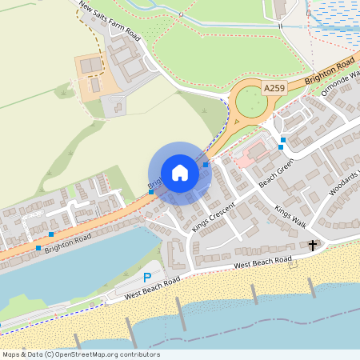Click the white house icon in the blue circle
coord(180,173)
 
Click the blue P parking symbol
coord(146,277)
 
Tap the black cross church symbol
coord(313,246)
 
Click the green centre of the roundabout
coord(251,102)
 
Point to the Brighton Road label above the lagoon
coord(68,243)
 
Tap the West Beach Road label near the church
coord(262,263)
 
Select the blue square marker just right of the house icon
coord(206,165)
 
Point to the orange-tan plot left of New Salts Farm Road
coord(94,77)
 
